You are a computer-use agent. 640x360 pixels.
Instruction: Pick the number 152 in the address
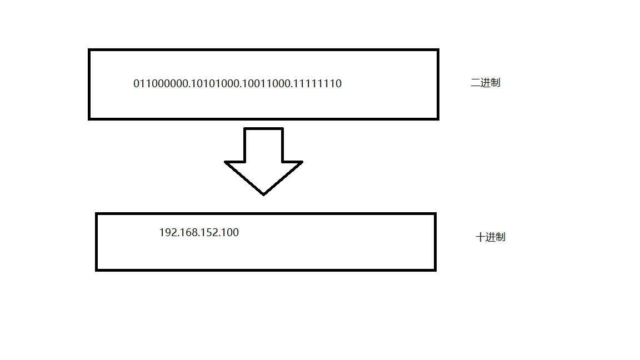210,233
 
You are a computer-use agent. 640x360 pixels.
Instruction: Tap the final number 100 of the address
230,233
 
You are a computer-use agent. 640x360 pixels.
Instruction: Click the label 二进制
485,83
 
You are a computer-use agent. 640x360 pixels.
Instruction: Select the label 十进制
491,237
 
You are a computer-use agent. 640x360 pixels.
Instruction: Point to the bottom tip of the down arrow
263,194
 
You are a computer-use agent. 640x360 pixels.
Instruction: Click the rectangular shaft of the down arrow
263,145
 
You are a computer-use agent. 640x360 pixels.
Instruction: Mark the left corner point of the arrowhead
226,162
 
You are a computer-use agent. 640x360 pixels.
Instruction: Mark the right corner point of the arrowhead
302,162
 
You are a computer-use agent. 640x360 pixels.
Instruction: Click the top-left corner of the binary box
89,50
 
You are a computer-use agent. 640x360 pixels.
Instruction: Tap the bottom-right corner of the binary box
438,118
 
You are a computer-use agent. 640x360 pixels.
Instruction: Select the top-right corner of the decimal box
434,214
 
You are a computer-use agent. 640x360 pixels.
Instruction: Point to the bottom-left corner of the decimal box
97,269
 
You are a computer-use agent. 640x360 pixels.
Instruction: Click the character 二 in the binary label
475,83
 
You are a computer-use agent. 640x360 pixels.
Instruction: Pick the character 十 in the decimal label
481,237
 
